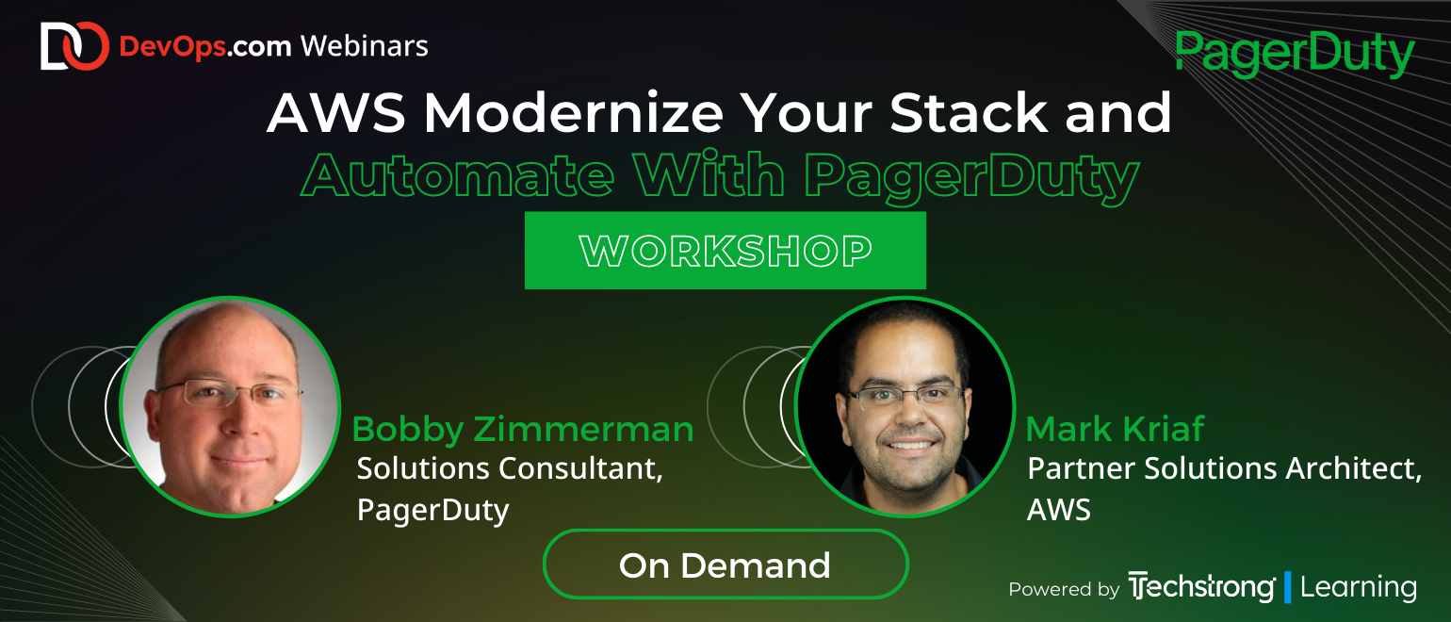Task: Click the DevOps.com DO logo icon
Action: tap(74, 46)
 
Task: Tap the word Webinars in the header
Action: tap(364, 45)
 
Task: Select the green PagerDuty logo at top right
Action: tap(1296, 55)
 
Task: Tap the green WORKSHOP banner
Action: tap(725, 251)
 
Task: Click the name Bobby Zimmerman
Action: tap(522, 430)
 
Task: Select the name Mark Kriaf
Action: tap(1115, 430)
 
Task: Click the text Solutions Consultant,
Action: tap(510, 469)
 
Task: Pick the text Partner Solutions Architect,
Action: tap(1224, 469)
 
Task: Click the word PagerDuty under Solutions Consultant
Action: tap(432, 510)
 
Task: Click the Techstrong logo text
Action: tap(1201, 588)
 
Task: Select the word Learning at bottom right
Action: tap(1358, 588)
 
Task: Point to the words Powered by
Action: tap(1064, 590)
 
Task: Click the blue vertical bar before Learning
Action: tap(1287, 587)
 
